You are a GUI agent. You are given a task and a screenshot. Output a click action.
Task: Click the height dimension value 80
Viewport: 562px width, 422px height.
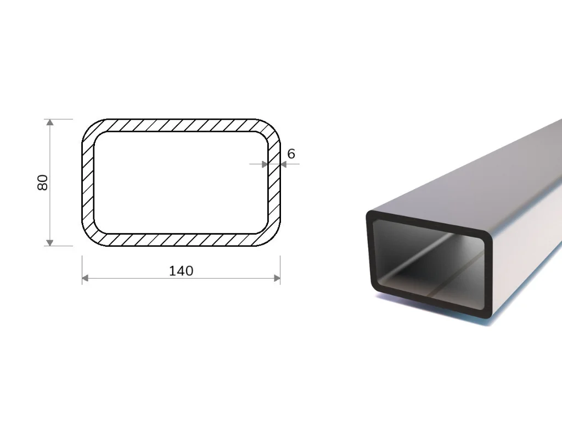pos(42,182)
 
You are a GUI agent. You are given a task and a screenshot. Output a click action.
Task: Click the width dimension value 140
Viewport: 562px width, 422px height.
pos(181,271)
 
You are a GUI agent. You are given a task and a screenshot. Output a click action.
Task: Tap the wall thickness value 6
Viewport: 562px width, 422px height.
pos(291,154)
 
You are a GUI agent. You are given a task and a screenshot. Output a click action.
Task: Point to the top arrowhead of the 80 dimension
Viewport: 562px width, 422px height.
pos(50,122)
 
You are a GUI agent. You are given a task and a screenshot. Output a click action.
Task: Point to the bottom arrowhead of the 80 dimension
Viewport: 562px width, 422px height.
pos(50,243)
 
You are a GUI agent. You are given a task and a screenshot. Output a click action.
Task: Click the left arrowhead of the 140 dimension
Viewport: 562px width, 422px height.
pos(85,278)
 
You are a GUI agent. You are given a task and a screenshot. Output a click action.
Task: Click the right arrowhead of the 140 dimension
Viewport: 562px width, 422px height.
pos(277,278)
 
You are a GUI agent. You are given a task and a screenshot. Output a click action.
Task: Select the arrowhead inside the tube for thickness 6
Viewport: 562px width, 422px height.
pos(265,164)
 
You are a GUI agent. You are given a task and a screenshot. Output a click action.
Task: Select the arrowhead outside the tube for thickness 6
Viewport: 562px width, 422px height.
pos(284,164)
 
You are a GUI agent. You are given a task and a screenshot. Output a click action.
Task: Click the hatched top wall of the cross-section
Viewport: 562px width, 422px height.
pos(181,125)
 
